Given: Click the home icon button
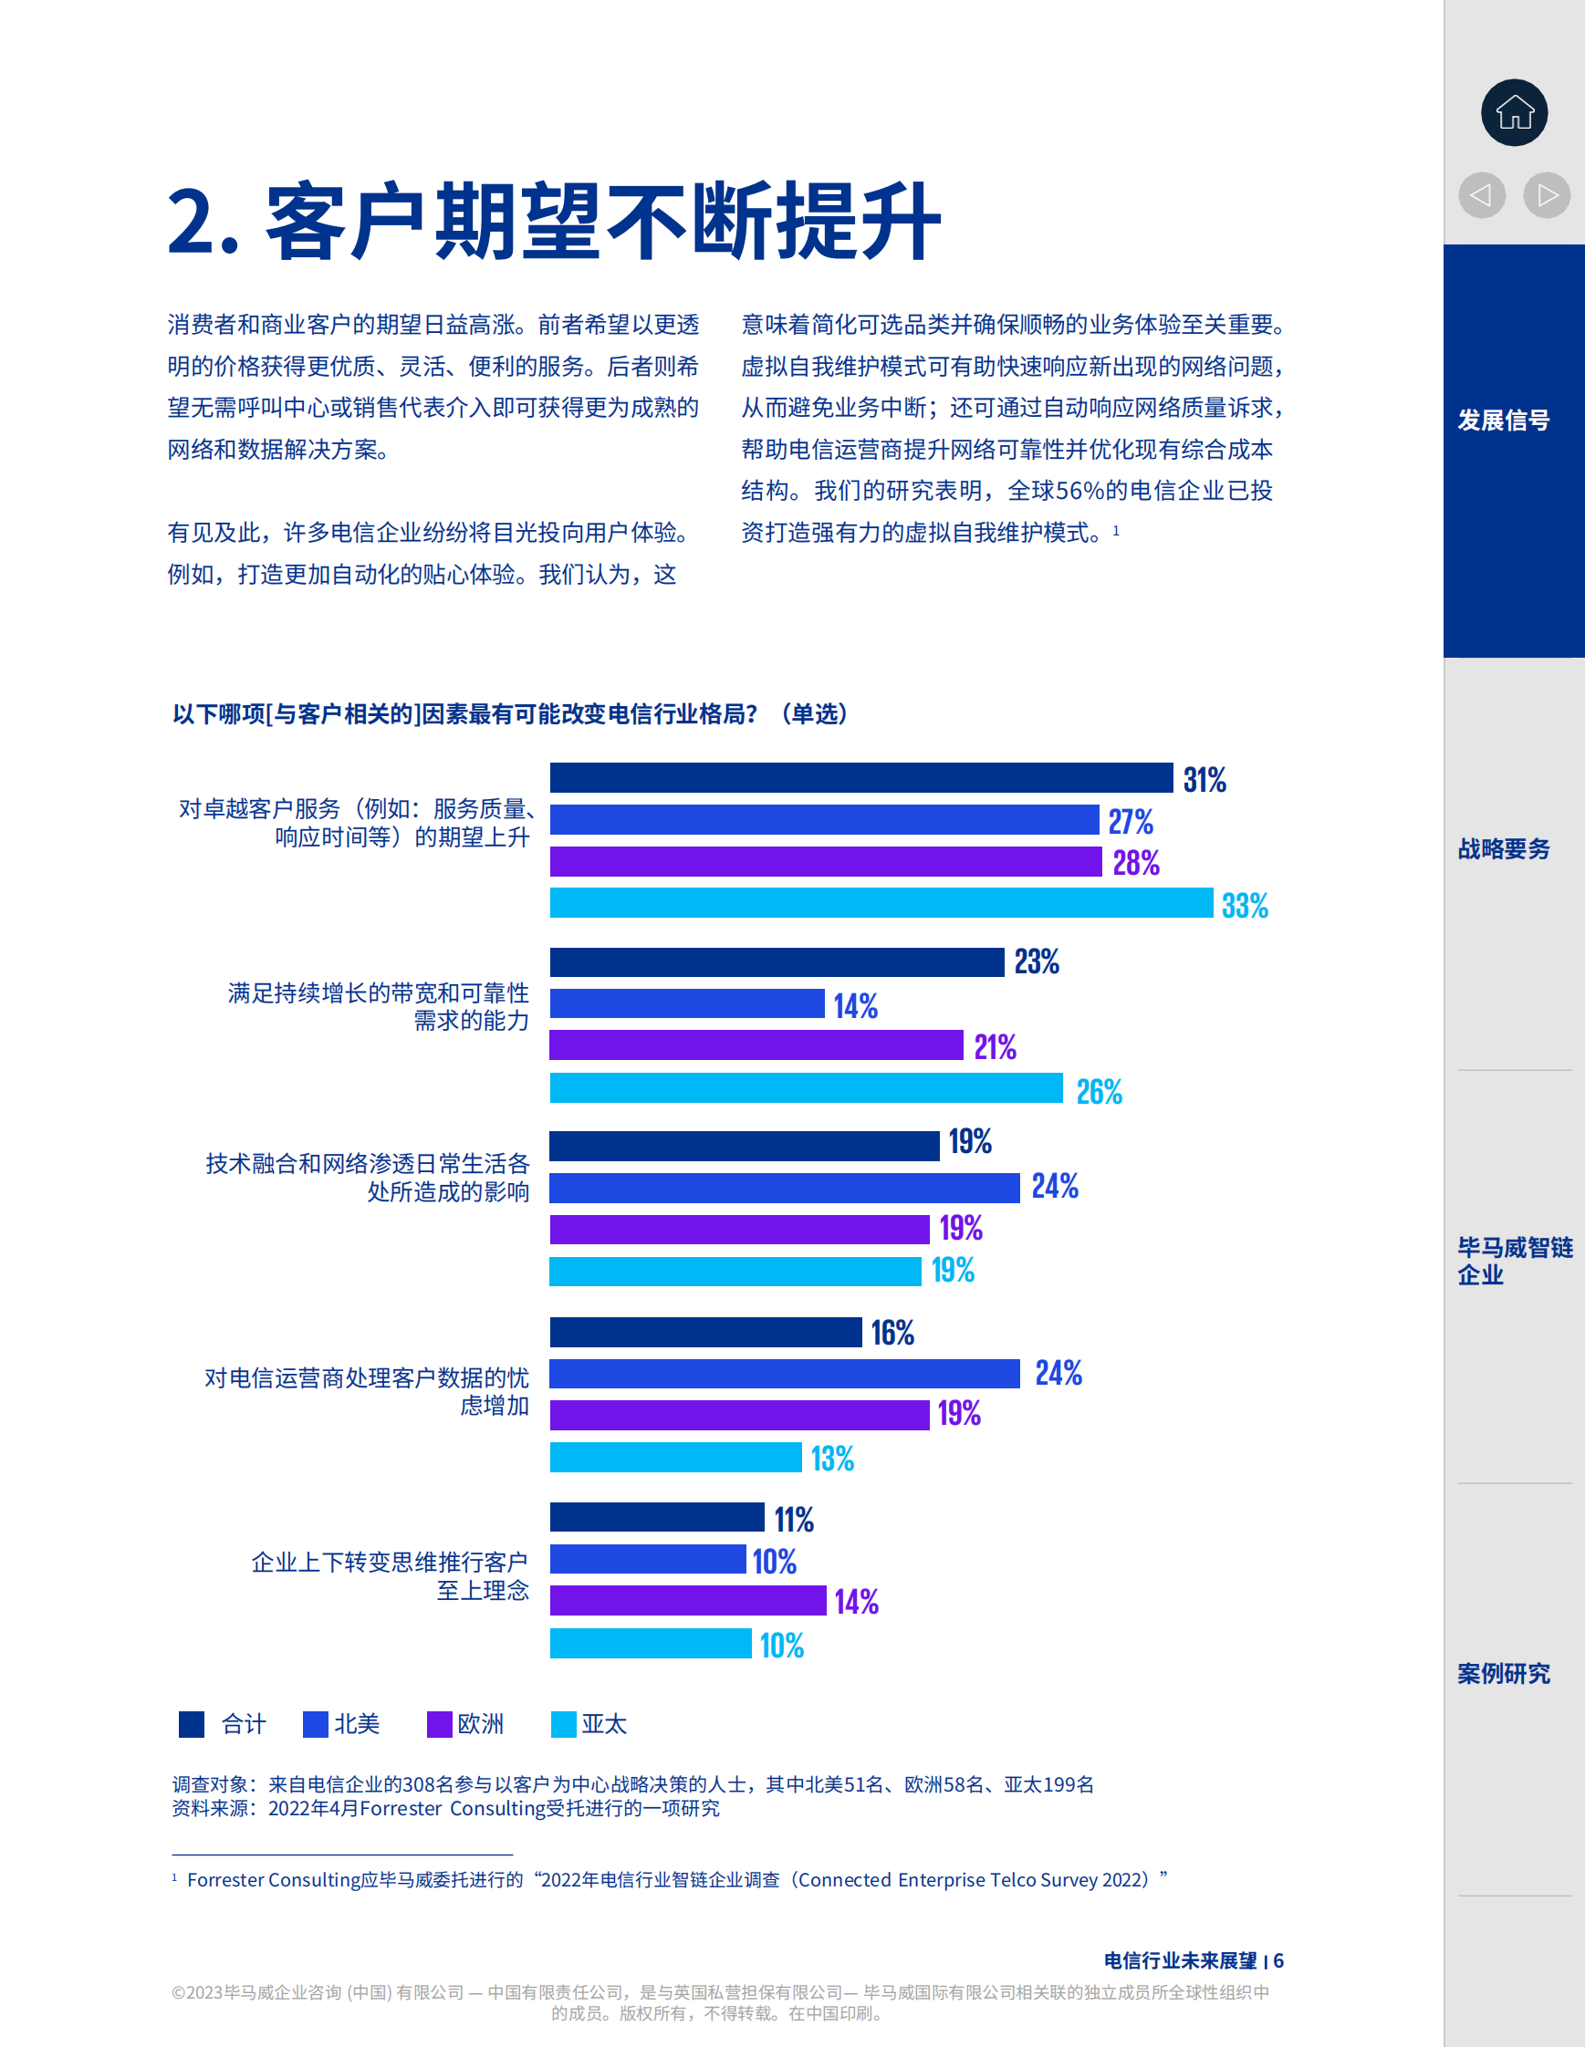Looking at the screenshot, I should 1514,112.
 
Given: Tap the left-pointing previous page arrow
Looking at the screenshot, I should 1481,195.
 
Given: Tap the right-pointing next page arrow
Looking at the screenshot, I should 1547,195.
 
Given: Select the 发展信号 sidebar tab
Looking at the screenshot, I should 1504,420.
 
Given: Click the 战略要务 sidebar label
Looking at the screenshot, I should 1504,849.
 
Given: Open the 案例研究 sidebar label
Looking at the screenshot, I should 1504,1673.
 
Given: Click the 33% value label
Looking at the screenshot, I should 1245,906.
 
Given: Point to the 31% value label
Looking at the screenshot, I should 1204,780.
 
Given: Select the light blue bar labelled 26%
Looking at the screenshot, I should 806,1088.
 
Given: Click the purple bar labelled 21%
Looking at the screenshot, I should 756,1045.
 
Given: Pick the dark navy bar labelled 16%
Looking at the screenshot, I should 704,1332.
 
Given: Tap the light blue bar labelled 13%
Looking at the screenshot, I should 675,1458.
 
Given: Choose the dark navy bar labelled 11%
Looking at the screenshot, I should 656,1516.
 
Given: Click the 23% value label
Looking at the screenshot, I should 1037,961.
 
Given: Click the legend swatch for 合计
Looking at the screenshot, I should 192,1725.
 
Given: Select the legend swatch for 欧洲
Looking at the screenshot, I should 439,1725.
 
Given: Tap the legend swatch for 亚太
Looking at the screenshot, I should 563,1725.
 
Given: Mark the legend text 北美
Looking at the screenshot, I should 357,1725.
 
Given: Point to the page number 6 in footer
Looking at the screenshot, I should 1278,1960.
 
